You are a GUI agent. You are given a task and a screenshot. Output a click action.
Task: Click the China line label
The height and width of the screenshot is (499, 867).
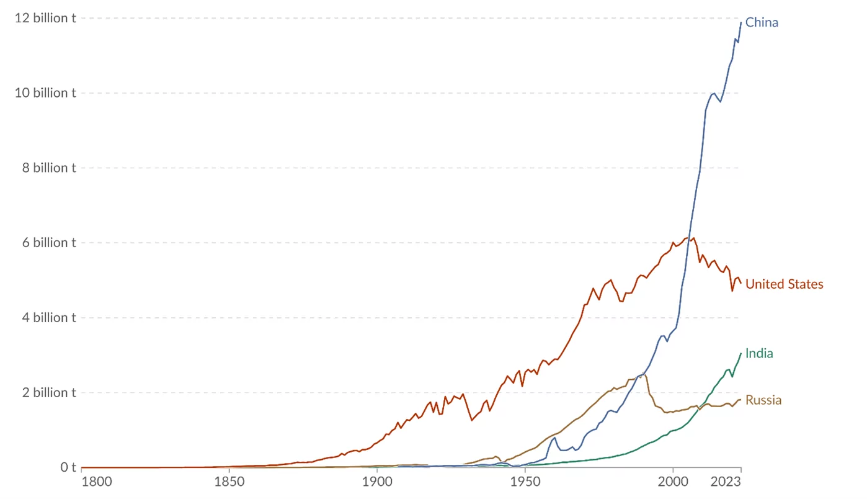point(762,23)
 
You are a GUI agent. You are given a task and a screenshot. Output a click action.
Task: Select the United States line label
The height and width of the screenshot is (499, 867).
point(784,284)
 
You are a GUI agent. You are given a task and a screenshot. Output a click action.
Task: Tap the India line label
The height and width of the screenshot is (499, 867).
point(759,354)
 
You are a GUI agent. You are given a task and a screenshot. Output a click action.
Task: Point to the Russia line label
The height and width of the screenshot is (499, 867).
point(763,400)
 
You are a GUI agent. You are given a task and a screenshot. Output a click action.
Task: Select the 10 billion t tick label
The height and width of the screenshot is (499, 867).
point(45,93)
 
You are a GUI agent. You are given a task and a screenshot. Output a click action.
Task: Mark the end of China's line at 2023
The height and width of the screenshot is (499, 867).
point(741,22)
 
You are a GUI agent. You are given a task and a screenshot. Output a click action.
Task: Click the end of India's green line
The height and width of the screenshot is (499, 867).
point(741,353)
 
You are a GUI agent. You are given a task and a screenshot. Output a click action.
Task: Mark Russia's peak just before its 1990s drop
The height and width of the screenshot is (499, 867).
point(646,374)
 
